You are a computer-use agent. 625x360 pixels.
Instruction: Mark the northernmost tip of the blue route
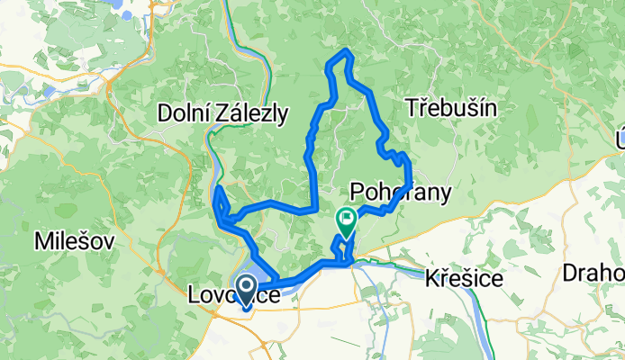[343, 53]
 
